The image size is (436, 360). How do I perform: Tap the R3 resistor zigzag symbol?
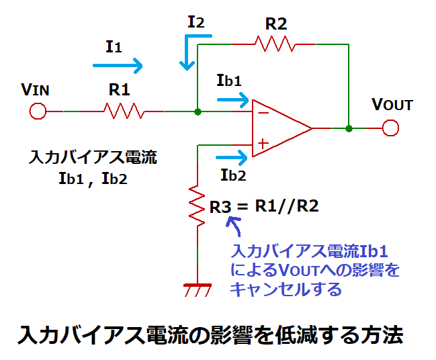click(198, 206)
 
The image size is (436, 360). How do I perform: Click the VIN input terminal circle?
click(38, 111)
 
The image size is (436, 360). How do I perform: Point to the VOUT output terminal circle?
click(390, 128)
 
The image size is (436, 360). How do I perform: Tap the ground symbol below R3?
click(198, 289)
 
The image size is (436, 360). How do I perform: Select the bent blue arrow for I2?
click(190, 53)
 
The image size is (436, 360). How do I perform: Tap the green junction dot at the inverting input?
click(198, 111)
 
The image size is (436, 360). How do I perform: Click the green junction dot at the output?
click(349, 128)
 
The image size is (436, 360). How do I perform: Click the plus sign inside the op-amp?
click(263, 143)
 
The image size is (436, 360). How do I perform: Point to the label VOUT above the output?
click(392, 105)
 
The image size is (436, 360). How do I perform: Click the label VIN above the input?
click(35, 89)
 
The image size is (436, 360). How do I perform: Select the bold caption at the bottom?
click(210, 333)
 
